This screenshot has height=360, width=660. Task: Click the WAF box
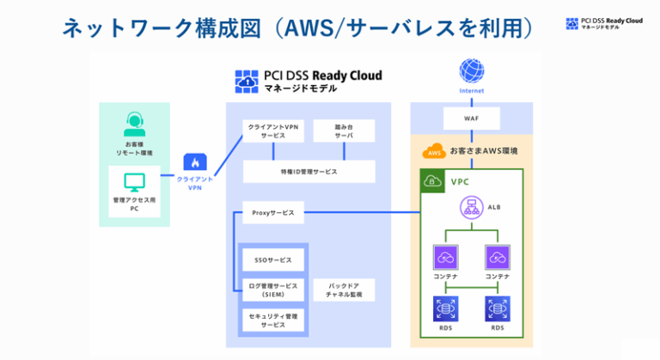pos(472,117)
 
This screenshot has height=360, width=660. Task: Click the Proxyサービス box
pos(273,211)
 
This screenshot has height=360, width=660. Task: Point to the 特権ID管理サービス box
pos(309,171)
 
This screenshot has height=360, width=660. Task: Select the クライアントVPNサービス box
pos(273,131)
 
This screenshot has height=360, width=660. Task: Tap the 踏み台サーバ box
pos(344,131)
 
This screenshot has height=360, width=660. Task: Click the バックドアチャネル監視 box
pos(343,290)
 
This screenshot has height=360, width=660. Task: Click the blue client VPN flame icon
pos(195,162)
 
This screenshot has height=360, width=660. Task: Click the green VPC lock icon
pos(432,181)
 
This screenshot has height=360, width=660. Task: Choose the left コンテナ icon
pos(446,257)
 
